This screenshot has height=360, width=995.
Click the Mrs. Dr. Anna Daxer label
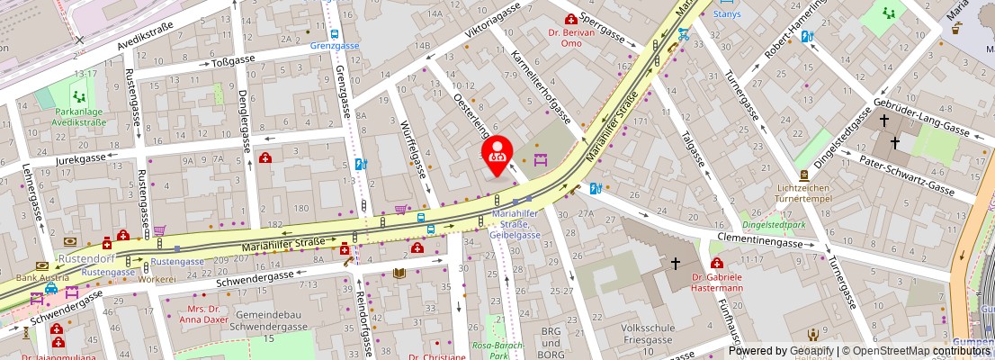point(205,312)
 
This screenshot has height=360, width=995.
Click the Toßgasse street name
point(234,59)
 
